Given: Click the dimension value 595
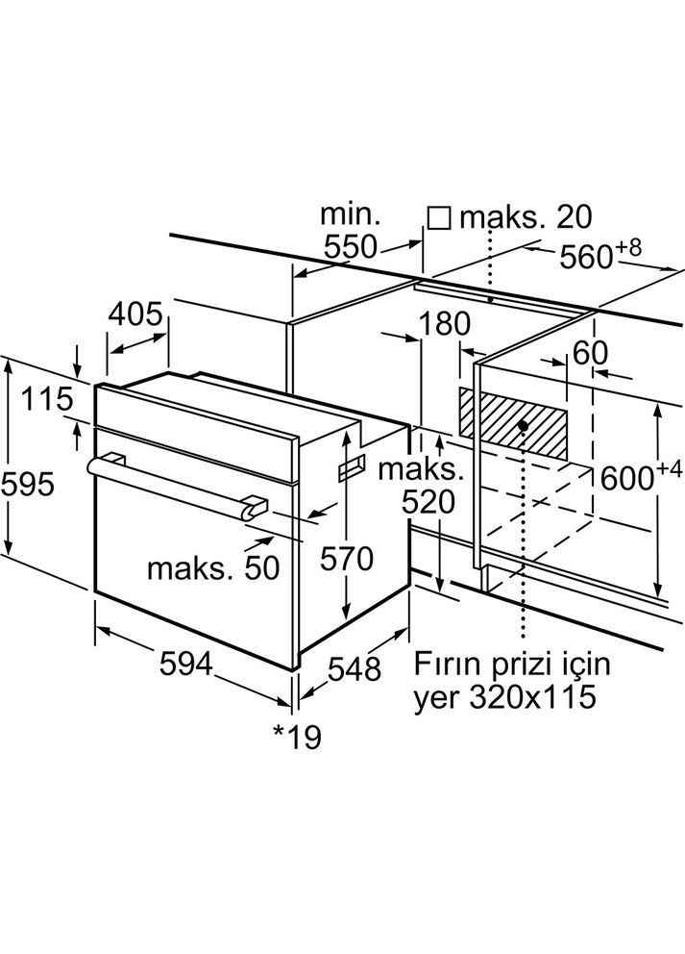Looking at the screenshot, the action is coord(27,485).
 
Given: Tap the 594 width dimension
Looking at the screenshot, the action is coord(186,664).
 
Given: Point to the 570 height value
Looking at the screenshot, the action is coord(347,559).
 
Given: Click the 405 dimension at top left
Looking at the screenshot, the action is coord(135,314).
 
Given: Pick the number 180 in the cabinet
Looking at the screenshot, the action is coord(445,324).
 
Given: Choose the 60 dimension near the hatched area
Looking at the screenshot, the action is coord(590,353).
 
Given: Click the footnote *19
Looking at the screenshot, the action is coord(296,738).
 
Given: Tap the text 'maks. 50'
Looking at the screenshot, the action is coord(213,568).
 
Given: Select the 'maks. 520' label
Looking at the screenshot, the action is coord(421,486).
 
